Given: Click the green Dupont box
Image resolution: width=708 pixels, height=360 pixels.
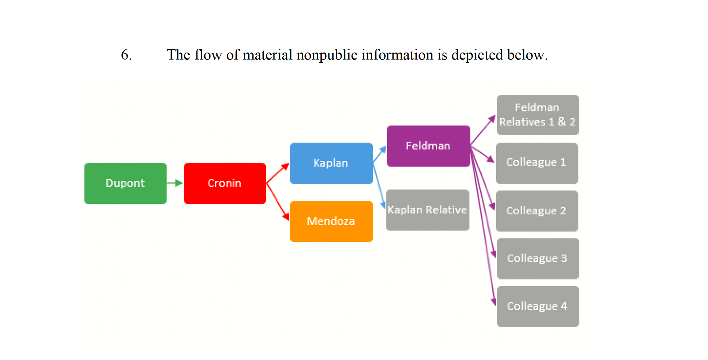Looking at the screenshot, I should click(x=125, y=183).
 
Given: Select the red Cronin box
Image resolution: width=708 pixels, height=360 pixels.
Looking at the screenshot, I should click(x=224, y=183).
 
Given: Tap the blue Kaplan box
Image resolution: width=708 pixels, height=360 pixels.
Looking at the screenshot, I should click(x=331, y=163).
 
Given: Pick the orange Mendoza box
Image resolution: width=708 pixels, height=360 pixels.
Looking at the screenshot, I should click(x=331, y=221).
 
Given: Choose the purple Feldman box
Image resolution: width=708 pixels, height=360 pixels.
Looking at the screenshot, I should click(x=428, y=146).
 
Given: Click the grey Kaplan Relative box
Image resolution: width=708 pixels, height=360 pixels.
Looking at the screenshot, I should click(x=427, y=210).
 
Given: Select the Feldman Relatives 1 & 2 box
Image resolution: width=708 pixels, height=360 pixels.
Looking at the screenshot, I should click(x=537, y=115).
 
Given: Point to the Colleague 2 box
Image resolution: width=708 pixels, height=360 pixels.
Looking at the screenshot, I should click(x=537, y=211).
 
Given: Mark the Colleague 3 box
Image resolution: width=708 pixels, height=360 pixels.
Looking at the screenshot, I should click(x=537, y=258).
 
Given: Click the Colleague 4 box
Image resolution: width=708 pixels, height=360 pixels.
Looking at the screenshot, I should click(x=537, y=306).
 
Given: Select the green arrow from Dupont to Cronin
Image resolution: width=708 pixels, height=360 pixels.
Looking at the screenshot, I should click(x=174, y=183).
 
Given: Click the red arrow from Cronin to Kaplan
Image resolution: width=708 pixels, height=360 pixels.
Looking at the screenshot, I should click(x=278, y=173).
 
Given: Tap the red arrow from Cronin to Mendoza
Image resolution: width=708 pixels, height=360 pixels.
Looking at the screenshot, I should click(x=278, y=202).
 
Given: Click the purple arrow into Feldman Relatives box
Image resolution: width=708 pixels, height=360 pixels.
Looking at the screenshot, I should click(x=483, y=130).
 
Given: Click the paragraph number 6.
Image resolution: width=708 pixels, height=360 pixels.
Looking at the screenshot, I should click(x=126, y=55).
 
